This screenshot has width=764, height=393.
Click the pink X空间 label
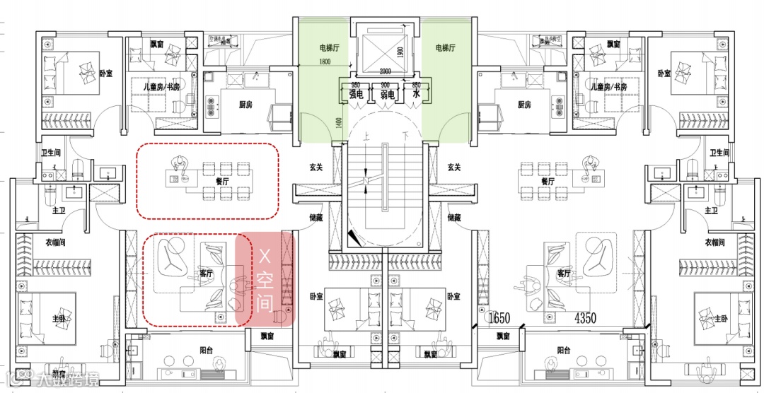click(x=265, y=281)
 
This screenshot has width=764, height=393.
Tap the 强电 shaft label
click(x=355, y=93)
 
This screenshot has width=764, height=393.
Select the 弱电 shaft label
click(x=386, y=93)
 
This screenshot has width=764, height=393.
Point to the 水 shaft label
click(x=417, y=93)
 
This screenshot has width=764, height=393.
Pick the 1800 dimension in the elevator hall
click(x=325, y=62)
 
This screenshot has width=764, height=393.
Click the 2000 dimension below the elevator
click(x=385, y=71)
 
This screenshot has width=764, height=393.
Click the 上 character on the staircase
click(x=365, y=135)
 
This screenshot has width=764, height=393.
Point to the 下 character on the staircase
click(x=405, y=135)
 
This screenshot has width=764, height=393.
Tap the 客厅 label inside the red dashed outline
click(x=207, y=274)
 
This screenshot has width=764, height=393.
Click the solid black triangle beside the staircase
click(x=353, y=239)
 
